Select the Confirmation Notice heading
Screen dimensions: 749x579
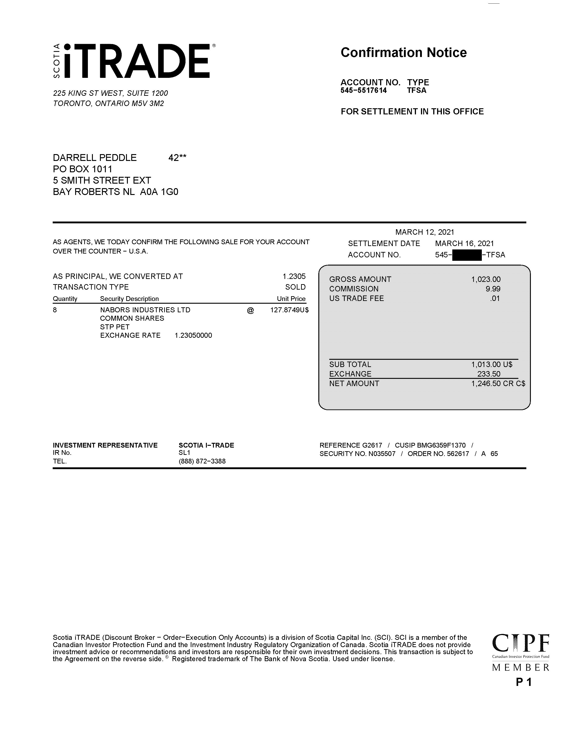(x=403, y=52)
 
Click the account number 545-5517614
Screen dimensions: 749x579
(x=364, y=91)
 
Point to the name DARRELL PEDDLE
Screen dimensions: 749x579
(x=95, y=158)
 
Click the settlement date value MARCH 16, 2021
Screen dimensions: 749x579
(x=464, y=244)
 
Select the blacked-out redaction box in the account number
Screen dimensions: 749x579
(x=467, y=255)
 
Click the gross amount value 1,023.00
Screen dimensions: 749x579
(x=486, y=279)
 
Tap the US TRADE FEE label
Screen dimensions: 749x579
(x=356, y=299)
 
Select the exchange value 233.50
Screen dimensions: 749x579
(x=489, y=374)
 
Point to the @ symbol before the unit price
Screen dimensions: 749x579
(x=250, y=310)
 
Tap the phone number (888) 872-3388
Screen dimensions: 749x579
(x=202, y=461)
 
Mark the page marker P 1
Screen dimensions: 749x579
(x=523, y=682)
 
